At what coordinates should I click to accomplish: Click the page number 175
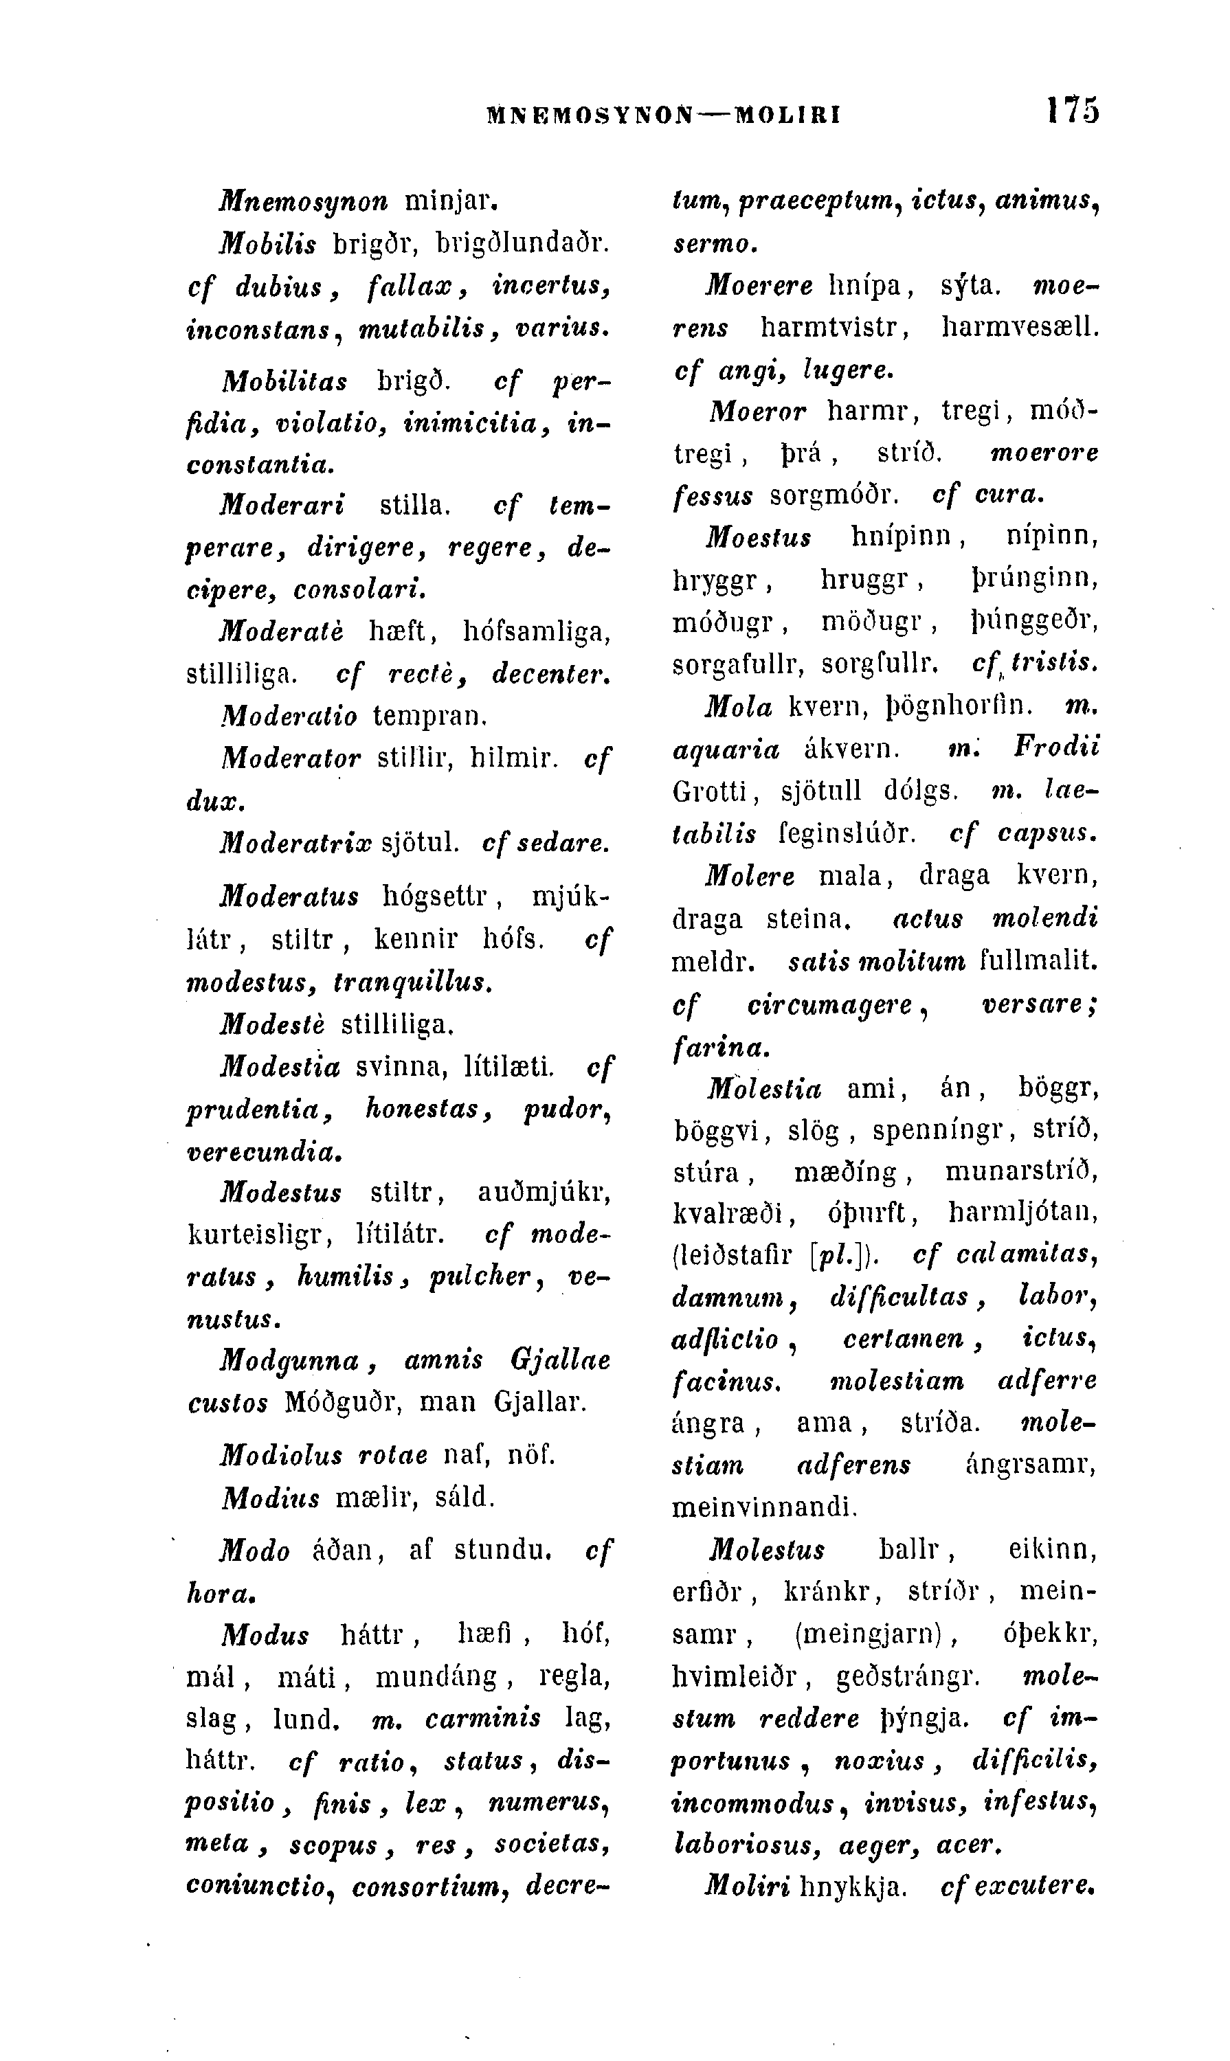tap(1072, 110)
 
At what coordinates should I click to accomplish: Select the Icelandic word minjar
tap(449, 201)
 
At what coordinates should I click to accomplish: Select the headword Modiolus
tap(281, 1455)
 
